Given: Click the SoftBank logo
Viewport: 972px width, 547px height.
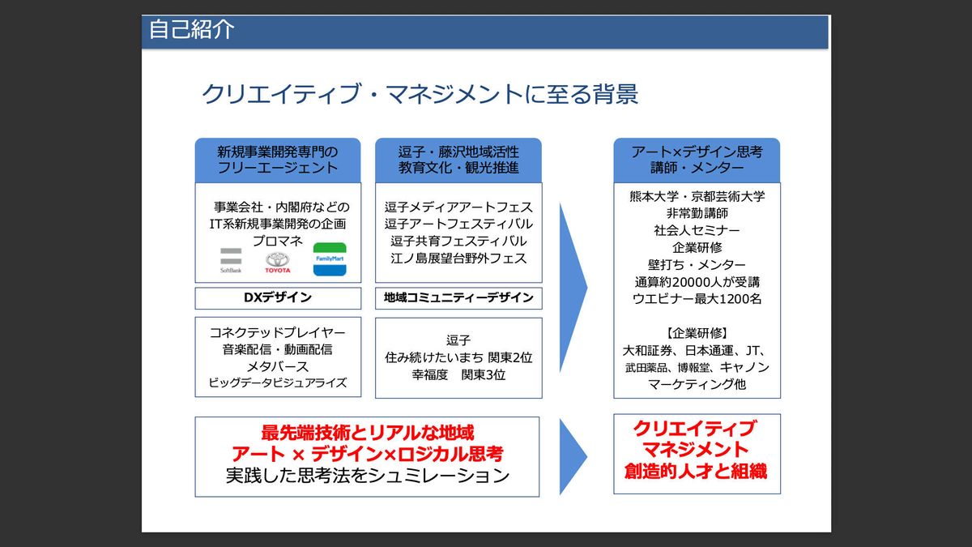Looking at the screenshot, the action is tap(231, 260).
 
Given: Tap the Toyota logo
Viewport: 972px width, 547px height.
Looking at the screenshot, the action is tap(278, 263).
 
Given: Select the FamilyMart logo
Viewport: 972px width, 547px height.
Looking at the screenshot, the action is tap(330, 259).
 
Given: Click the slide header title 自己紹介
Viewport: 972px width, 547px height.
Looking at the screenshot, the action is tap(191, 30).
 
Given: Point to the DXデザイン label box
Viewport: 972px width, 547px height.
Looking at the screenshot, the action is tap(278, 298).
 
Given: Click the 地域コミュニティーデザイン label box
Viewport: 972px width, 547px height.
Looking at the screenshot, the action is tap(458, 298).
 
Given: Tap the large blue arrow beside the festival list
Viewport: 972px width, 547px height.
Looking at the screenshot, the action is tap(573, 288).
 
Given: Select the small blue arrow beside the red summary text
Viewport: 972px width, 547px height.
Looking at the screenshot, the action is tap(573, 457).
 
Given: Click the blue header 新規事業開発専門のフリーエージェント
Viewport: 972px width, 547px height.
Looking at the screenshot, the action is tap(278, 160).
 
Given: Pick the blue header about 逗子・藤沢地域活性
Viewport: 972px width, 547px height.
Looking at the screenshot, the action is tap(458, 160).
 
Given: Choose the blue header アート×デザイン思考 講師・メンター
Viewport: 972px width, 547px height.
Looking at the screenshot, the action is tap(697, 160).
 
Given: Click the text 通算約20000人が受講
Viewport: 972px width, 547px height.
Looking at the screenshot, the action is tap(697, 282).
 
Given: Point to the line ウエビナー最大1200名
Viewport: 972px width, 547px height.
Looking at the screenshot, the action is tap(697, 299).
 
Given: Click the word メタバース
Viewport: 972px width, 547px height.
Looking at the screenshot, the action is tap(278, 367).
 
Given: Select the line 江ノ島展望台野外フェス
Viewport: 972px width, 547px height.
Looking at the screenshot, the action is tap(458, 259).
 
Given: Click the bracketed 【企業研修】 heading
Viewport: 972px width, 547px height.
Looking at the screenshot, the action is tap(697, 333).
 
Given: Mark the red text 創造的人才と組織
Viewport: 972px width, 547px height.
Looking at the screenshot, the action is tap(696, 472).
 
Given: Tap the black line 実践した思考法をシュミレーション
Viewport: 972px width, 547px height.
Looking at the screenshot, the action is tap(368, 476).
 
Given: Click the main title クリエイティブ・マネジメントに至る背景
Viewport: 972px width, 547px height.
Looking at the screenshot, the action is tap(420, 94).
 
